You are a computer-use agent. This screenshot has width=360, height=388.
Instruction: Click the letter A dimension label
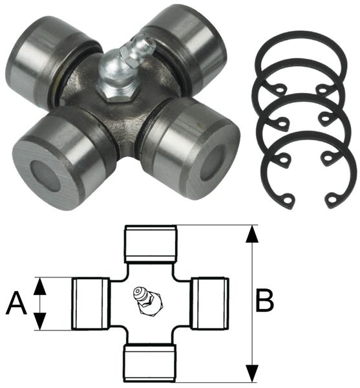17,303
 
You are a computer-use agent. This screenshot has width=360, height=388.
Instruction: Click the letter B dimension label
265,300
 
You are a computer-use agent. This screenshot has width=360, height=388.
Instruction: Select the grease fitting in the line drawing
147,301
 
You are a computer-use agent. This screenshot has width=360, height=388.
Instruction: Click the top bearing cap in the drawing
151,244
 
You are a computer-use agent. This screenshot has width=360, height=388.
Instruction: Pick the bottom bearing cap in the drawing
151,363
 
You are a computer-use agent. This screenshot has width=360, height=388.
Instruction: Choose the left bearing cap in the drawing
90,304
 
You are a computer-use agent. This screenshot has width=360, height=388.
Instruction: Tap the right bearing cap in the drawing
210,303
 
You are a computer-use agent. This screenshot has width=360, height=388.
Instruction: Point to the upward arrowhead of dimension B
252,234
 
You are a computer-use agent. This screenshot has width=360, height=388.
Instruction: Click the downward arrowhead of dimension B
252,373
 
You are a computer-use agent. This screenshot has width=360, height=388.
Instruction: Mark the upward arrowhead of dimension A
40,286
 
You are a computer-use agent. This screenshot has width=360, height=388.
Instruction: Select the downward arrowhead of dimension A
40,321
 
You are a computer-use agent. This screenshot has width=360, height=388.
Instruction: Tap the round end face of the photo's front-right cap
212,164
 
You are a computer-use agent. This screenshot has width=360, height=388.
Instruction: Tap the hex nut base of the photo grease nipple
118,92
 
